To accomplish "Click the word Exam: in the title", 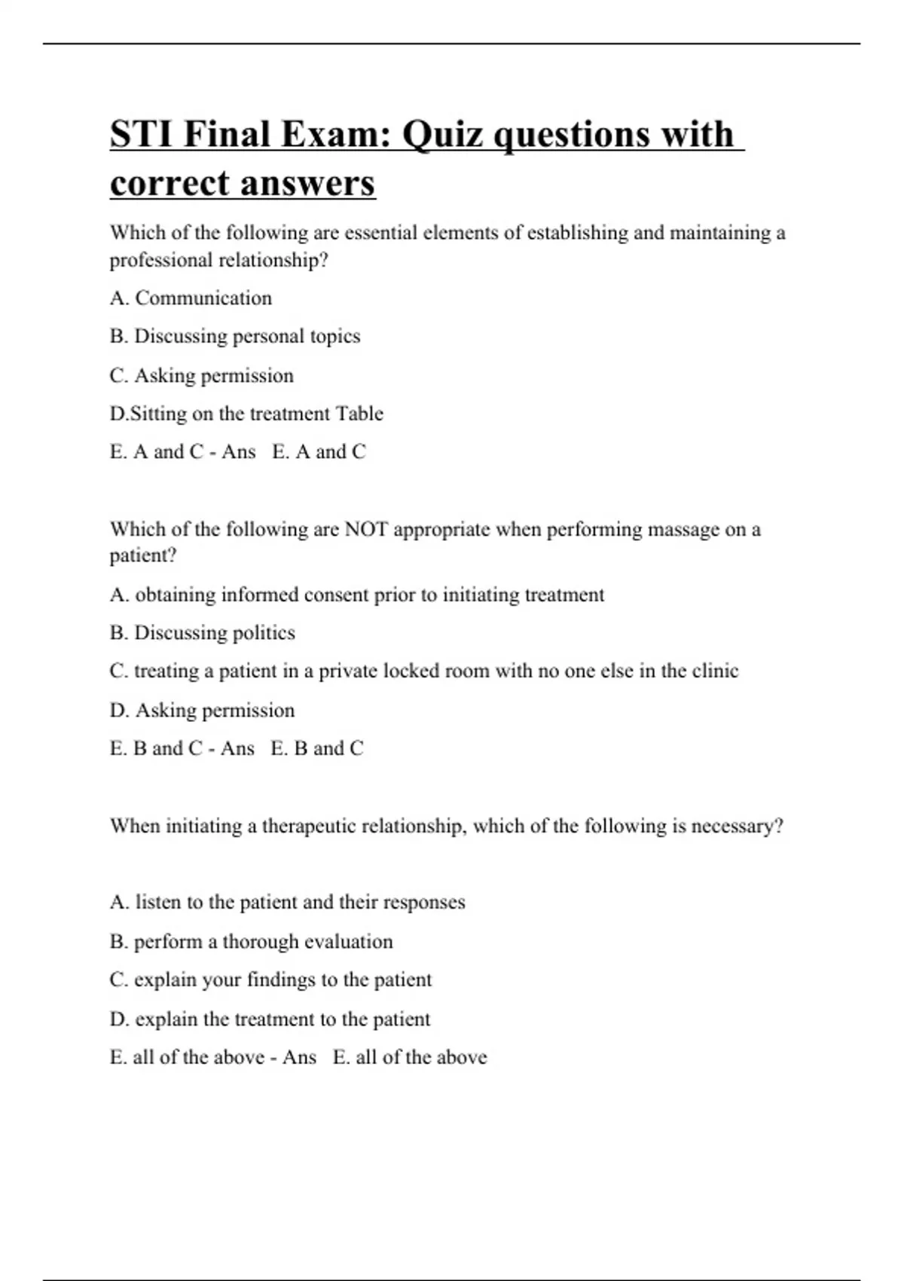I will (336, 136).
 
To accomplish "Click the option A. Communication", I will (191, 298).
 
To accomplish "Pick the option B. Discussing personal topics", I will (234, 336).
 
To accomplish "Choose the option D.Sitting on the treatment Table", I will (246, 414).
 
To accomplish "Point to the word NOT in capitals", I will (365, 530).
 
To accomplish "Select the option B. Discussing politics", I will (202, 633).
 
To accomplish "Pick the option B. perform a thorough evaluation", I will (251, 942).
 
